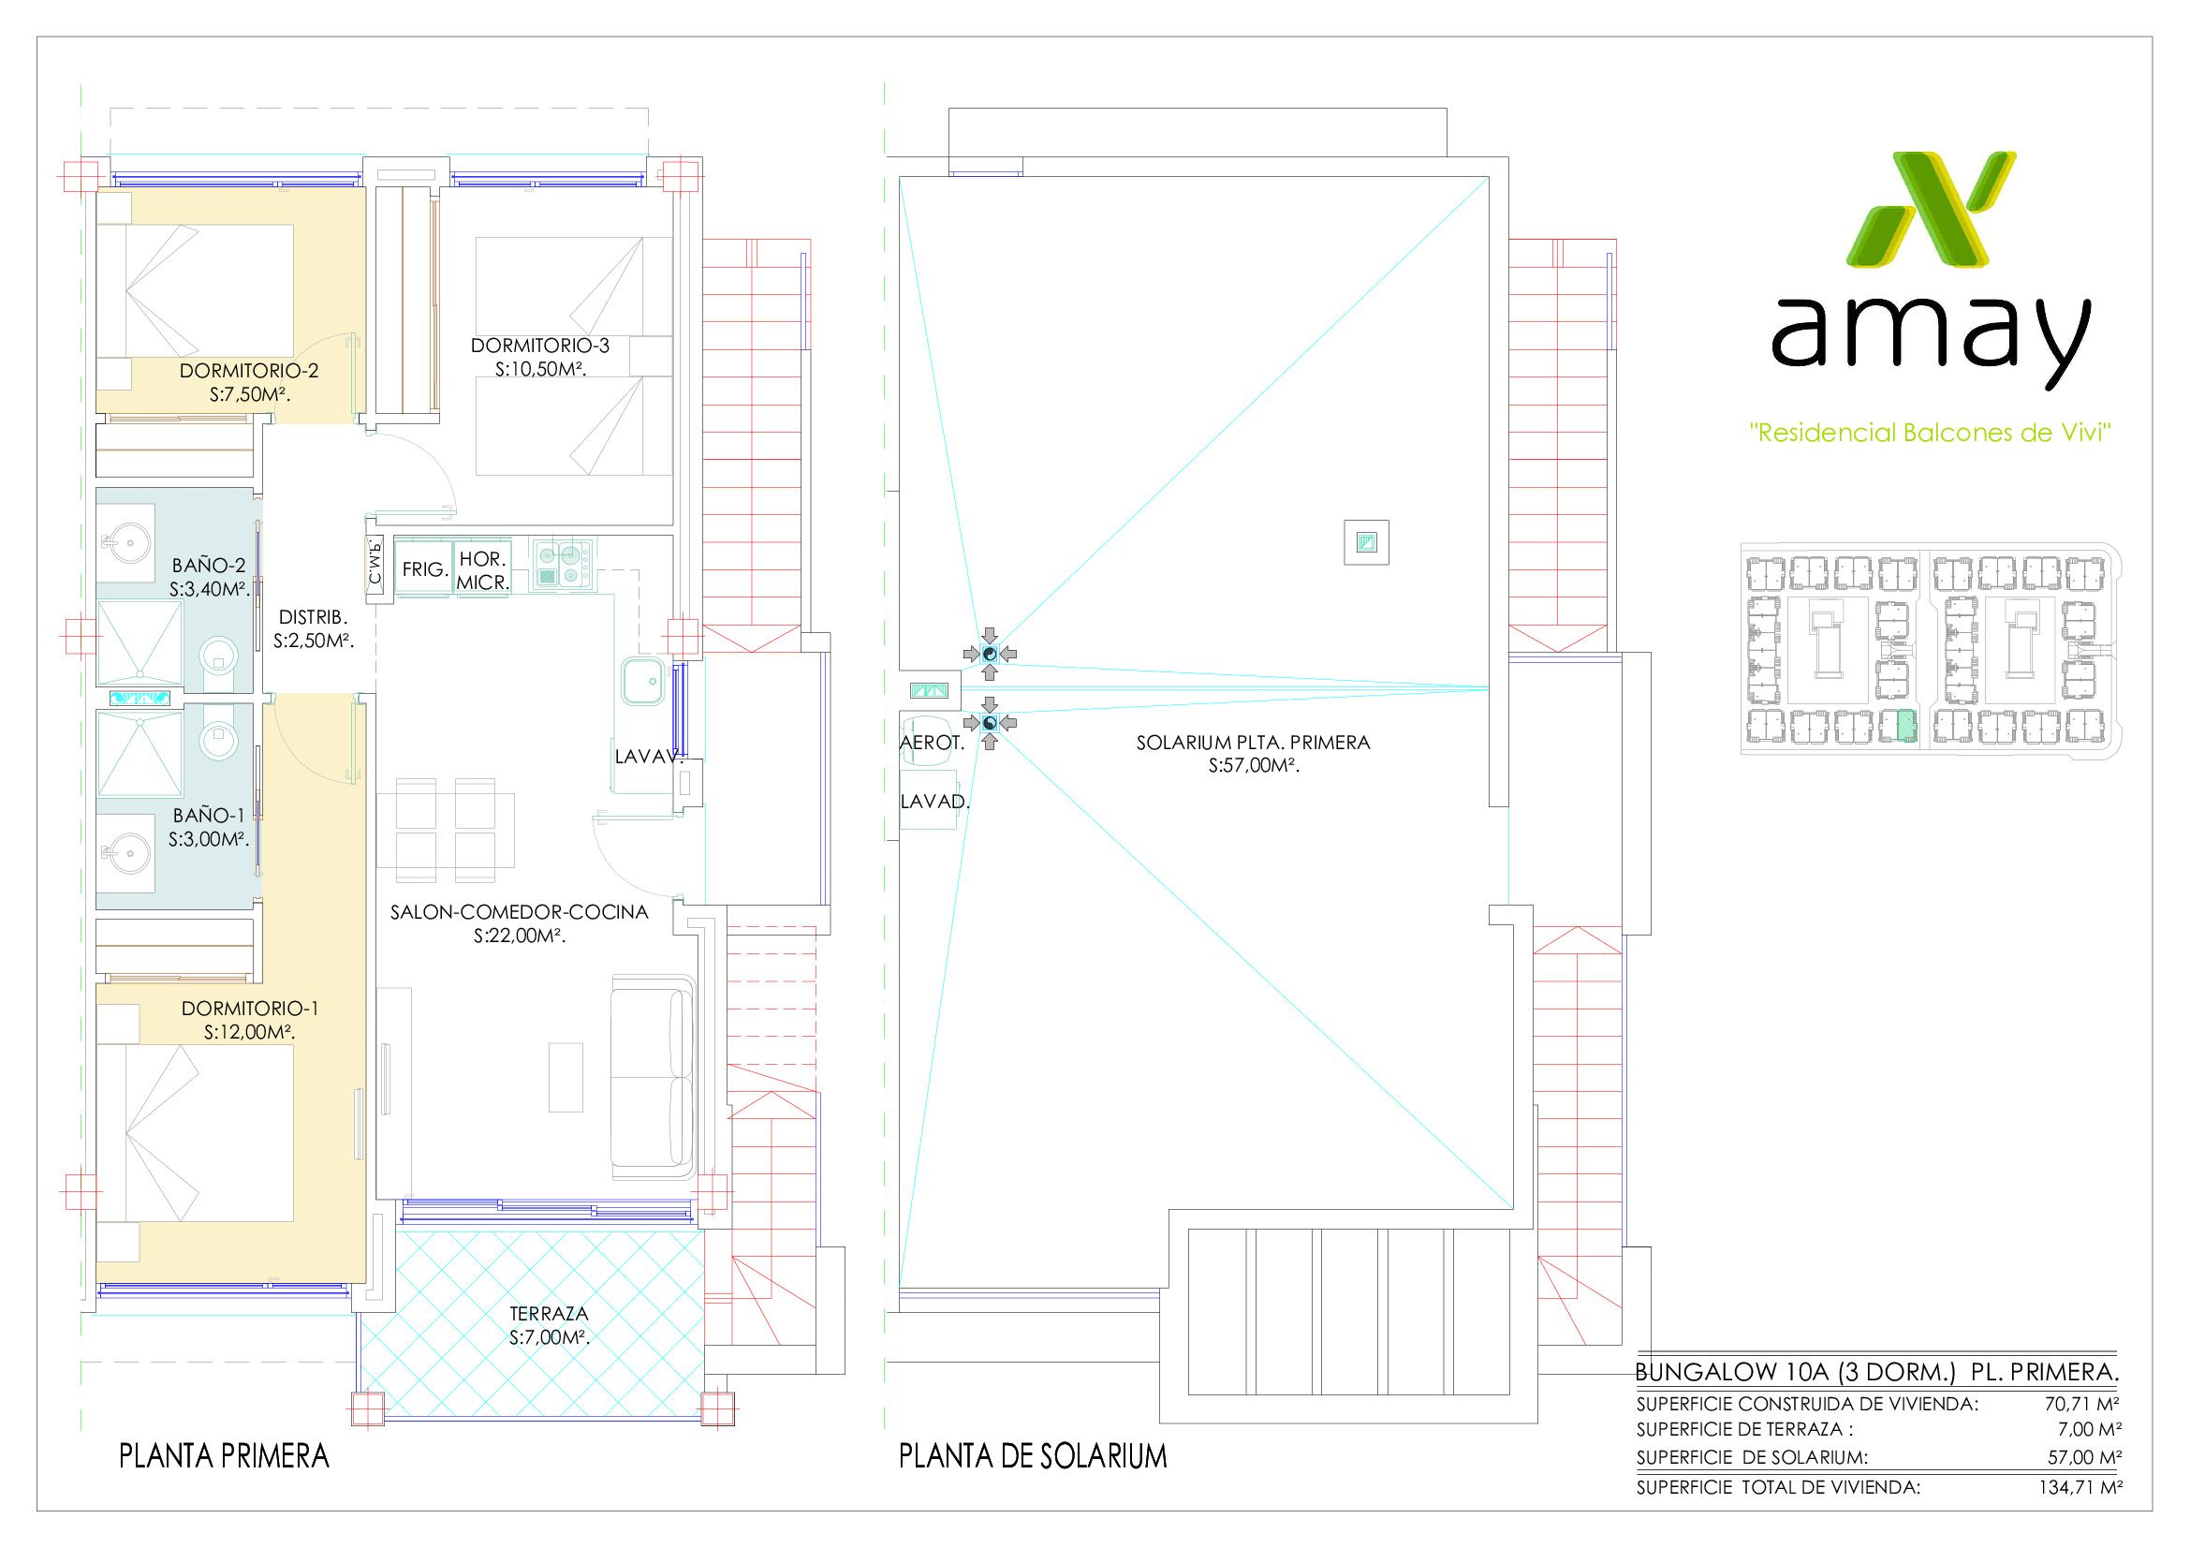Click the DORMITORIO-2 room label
(249, 371)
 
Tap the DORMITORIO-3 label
(540, 346)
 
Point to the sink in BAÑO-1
(126, 844)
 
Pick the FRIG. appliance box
(424, 569)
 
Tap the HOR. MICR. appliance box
(482, 569)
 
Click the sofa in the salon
(654, 1077)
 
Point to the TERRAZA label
(550, 1313)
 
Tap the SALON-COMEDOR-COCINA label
(519, 912)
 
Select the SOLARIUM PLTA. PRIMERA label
(1253, 742)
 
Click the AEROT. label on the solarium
(932, 743)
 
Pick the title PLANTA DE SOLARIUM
(1033, 1456)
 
